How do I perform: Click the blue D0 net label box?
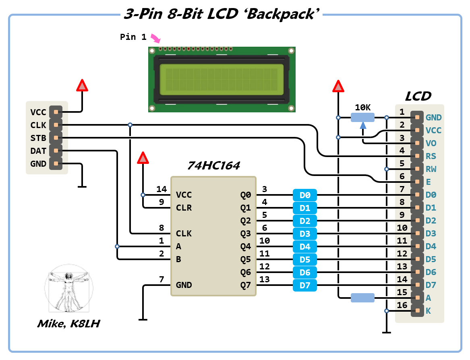305,195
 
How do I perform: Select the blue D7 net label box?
305,286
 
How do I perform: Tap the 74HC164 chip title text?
213,166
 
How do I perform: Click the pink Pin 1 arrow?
155,39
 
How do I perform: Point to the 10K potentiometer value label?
362,108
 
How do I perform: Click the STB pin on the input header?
56,138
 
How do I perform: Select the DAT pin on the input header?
56,151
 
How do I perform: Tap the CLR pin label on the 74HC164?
184,208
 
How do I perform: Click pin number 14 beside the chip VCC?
161,189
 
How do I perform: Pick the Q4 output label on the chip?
246,246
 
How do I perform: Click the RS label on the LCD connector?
431,156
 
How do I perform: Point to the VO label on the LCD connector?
431,143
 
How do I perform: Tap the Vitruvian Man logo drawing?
69,288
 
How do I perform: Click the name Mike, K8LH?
68,323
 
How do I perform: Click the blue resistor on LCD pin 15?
362,298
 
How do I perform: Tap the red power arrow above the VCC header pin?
82,85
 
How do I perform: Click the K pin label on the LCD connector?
428,311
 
